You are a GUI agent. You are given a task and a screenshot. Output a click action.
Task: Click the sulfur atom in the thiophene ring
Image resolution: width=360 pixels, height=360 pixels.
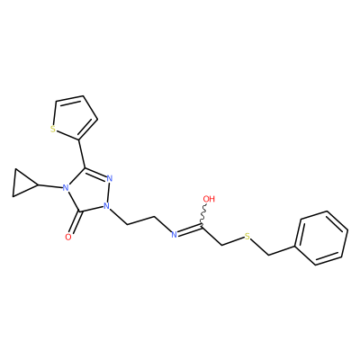click(53, 130)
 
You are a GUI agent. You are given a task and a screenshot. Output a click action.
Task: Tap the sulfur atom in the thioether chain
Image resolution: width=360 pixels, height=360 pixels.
click(247, 237)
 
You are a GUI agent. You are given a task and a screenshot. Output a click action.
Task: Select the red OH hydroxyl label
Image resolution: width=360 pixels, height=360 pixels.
click(209, 199)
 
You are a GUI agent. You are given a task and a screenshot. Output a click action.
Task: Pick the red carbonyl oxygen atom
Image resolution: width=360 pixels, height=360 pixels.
click(68, 238)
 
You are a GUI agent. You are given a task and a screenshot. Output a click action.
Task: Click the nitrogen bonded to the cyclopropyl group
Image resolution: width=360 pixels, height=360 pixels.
click(64, 188)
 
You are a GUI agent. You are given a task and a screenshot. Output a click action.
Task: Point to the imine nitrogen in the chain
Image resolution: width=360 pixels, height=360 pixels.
click(174, 235)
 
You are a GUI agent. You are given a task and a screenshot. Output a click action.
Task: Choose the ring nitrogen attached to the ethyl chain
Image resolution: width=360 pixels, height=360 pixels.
click(105, 206)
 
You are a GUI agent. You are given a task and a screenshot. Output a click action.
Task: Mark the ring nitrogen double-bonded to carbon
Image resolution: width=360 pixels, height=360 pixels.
click(110, 179)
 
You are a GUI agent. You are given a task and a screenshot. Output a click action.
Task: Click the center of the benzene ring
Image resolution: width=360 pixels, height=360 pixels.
click(322, 238)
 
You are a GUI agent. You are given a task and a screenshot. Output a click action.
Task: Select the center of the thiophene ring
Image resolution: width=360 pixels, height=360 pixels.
click(75, 119)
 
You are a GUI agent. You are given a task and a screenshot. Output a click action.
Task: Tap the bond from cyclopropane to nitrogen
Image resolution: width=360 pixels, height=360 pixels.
click(50, 186)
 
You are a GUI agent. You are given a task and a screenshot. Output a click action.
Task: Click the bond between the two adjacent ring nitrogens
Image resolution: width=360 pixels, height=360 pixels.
click(108, 193)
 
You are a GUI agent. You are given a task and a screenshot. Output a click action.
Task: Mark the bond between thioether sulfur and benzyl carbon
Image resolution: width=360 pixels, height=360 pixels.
click(260, 247)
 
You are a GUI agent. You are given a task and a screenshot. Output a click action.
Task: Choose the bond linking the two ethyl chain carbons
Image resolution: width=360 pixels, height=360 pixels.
click(141, 220)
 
